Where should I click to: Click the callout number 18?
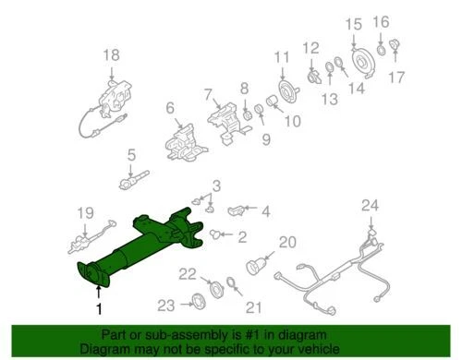(x=111, y=56)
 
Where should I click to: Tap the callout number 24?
(x=371, y=205)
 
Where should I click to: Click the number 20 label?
(x=286, y=243)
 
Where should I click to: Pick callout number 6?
(x=170, y=109)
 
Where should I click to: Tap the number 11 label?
(x=281, y=59)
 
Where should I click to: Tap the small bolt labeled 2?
(x=215, y=234)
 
